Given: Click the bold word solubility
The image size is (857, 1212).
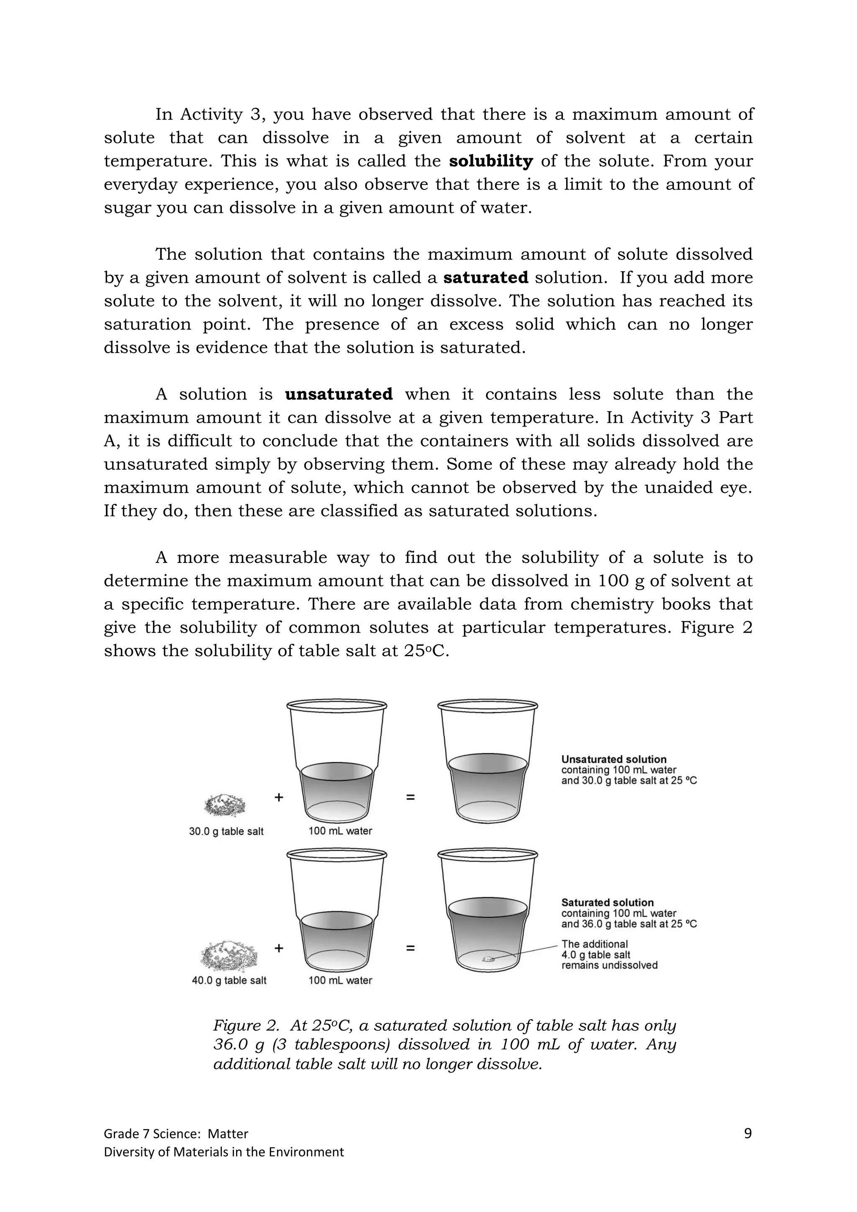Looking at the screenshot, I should coord(490,161).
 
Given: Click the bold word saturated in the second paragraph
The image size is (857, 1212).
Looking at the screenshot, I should coord(485,278).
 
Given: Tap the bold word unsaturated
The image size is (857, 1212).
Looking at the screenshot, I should coord(339,394).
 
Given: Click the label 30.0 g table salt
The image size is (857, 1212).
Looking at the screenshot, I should coord(226,831).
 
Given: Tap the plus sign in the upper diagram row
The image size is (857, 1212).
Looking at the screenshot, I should coord(279,797).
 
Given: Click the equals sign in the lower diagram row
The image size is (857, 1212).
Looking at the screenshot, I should coord(410,948).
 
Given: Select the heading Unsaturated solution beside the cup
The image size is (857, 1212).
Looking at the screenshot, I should coord(613,759).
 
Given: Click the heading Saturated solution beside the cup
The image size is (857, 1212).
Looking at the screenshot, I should coord(607,902).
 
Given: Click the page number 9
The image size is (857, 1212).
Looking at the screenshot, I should coord(747,1133).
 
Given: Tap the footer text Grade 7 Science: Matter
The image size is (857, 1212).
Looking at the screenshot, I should coord(176,1134).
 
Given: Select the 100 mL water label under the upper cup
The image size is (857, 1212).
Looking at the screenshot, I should coord(340,831).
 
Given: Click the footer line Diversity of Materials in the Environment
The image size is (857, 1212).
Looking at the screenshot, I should coord(223,1152).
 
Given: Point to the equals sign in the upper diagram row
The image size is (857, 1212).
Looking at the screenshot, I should coord(410,798).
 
